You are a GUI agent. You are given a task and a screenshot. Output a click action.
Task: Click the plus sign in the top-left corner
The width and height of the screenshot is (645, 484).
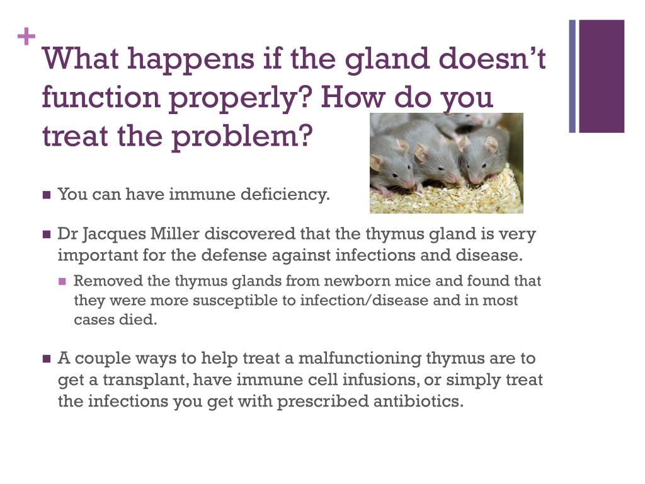(x=26, y=38)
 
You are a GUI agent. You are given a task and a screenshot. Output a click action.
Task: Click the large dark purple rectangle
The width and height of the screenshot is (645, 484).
(x=602, y=76)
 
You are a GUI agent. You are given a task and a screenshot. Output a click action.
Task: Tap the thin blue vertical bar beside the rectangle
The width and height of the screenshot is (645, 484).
(x=573, y=76)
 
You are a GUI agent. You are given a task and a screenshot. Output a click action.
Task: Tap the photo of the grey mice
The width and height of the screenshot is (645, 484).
(x=446, y=163)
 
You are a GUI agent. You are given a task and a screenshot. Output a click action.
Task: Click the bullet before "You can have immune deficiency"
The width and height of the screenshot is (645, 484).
(x=47, y=195)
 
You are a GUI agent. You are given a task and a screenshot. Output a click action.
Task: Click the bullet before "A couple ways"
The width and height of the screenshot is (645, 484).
(x=47, y=359)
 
